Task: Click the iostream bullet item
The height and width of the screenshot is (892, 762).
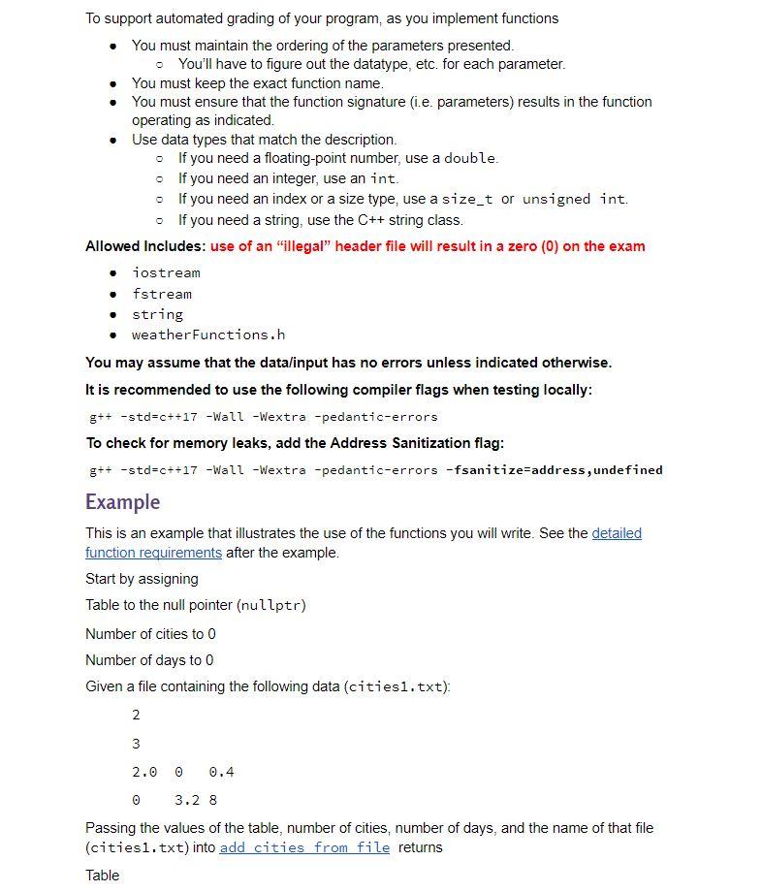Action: click(166, 272)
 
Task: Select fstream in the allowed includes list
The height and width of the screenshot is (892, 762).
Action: click(162, 294)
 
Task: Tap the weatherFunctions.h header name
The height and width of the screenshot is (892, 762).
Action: click(208, 334)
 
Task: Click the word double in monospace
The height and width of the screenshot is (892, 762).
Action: click(470, 158)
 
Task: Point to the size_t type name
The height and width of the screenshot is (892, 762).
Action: click(467, 199)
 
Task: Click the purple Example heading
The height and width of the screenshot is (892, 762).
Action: click(122, 501)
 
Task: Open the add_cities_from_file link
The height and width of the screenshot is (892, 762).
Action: click(304, 847)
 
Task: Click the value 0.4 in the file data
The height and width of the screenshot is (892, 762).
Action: click(221, 772)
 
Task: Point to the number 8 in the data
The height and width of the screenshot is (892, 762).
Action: click(212, 800)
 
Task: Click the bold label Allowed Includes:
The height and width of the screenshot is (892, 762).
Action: click(145, 246)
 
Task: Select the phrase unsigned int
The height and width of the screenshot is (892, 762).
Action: click(574, 199)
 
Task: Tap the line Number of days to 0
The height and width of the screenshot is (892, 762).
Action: click(149, 660)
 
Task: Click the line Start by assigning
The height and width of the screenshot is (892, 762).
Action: click(142, 579)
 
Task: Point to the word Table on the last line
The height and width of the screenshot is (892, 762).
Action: click(103, 876)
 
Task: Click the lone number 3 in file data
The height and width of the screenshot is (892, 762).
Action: click(136, 744)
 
